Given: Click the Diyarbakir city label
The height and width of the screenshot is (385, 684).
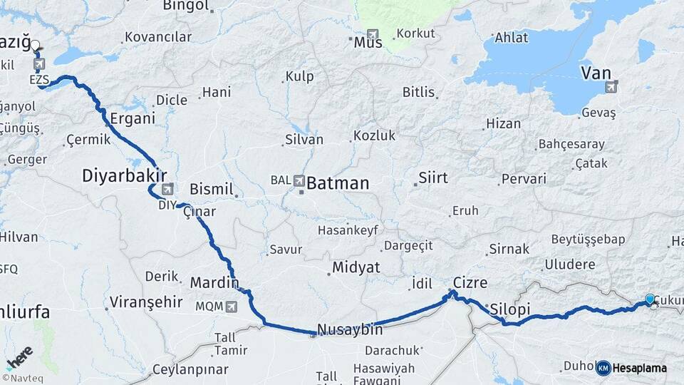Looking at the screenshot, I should (x=124, y=175).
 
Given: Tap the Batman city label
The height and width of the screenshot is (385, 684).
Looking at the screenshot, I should (x=338, y=183).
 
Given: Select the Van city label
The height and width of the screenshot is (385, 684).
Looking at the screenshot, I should (x=596, y=73).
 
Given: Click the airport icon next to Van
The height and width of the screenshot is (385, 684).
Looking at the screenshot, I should (x=611, y=87).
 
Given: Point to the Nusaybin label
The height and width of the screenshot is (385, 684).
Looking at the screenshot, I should (x=350, y=329).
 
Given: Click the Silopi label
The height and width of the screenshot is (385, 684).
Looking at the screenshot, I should (x=510, y=309).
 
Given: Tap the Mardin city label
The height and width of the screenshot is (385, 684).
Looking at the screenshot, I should (x=214, y=282).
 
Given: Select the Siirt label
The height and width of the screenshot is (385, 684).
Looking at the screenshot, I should (x=433, y=178).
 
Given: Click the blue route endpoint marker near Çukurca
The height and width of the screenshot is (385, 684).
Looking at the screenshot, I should (x=650, y=299).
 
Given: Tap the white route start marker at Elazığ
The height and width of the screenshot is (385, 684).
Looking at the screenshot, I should (x=35, y=46).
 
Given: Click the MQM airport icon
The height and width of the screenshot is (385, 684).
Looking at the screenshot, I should (x=230, y=307).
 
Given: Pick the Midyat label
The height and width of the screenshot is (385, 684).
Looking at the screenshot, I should (x=356, y=267).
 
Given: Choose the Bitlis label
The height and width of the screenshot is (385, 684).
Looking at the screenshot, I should (x=418, y=92).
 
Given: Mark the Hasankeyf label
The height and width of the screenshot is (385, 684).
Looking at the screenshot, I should (x=347, y=230).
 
